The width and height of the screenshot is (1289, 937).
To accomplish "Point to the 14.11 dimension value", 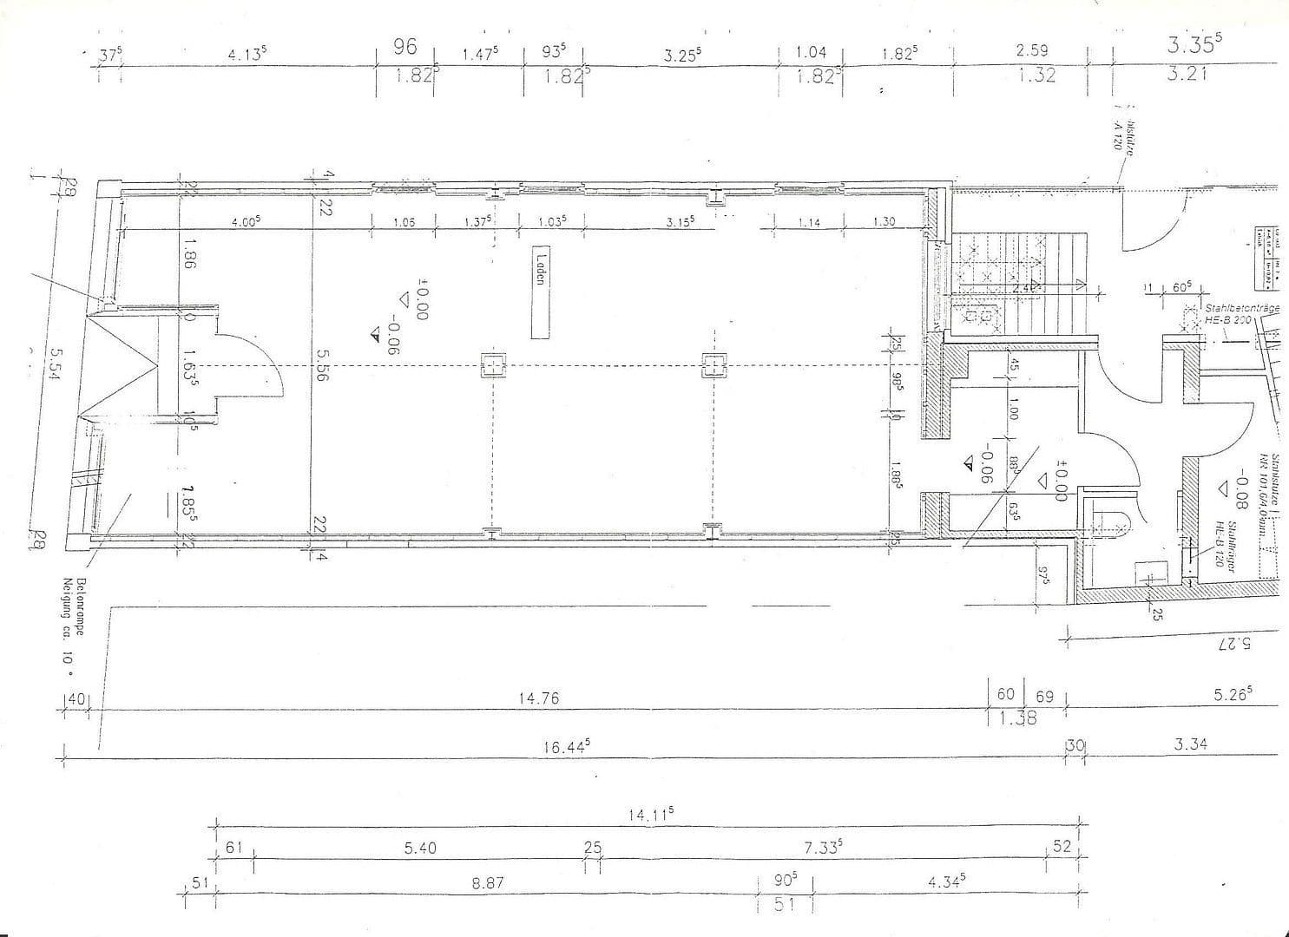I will pos(651,814).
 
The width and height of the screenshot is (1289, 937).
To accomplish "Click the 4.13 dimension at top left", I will pos(247,55).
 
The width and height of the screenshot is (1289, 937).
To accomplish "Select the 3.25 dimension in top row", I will pos(682,55).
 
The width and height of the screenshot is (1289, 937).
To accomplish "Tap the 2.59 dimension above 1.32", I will pos(1032,51).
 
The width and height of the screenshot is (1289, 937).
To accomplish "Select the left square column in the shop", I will pos(492,365).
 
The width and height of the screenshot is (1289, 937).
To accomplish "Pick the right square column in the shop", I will pos(713,365).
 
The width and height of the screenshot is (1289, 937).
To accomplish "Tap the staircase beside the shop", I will pos(1020,282).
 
